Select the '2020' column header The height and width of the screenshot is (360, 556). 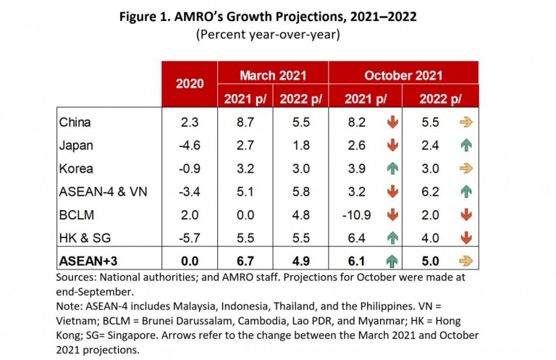click(190, 84)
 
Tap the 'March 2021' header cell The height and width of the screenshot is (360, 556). click(272, 75)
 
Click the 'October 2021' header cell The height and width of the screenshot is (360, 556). click(403, 75)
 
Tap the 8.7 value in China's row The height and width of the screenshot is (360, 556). click(245, 123)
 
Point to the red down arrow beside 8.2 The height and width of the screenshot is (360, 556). click(392, 123)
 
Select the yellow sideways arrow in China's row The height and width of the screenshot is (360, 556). click(466, 123)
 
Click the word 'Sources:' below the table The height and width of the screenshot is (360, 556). click(79, 277)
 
